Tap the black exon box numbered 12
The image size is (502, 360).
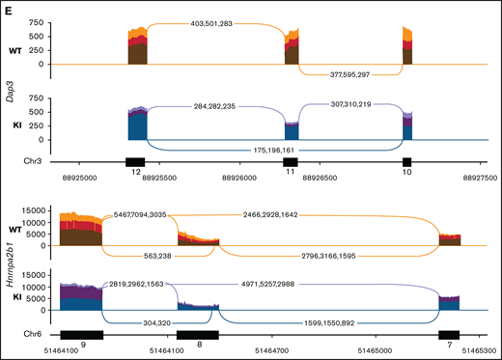135,160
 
